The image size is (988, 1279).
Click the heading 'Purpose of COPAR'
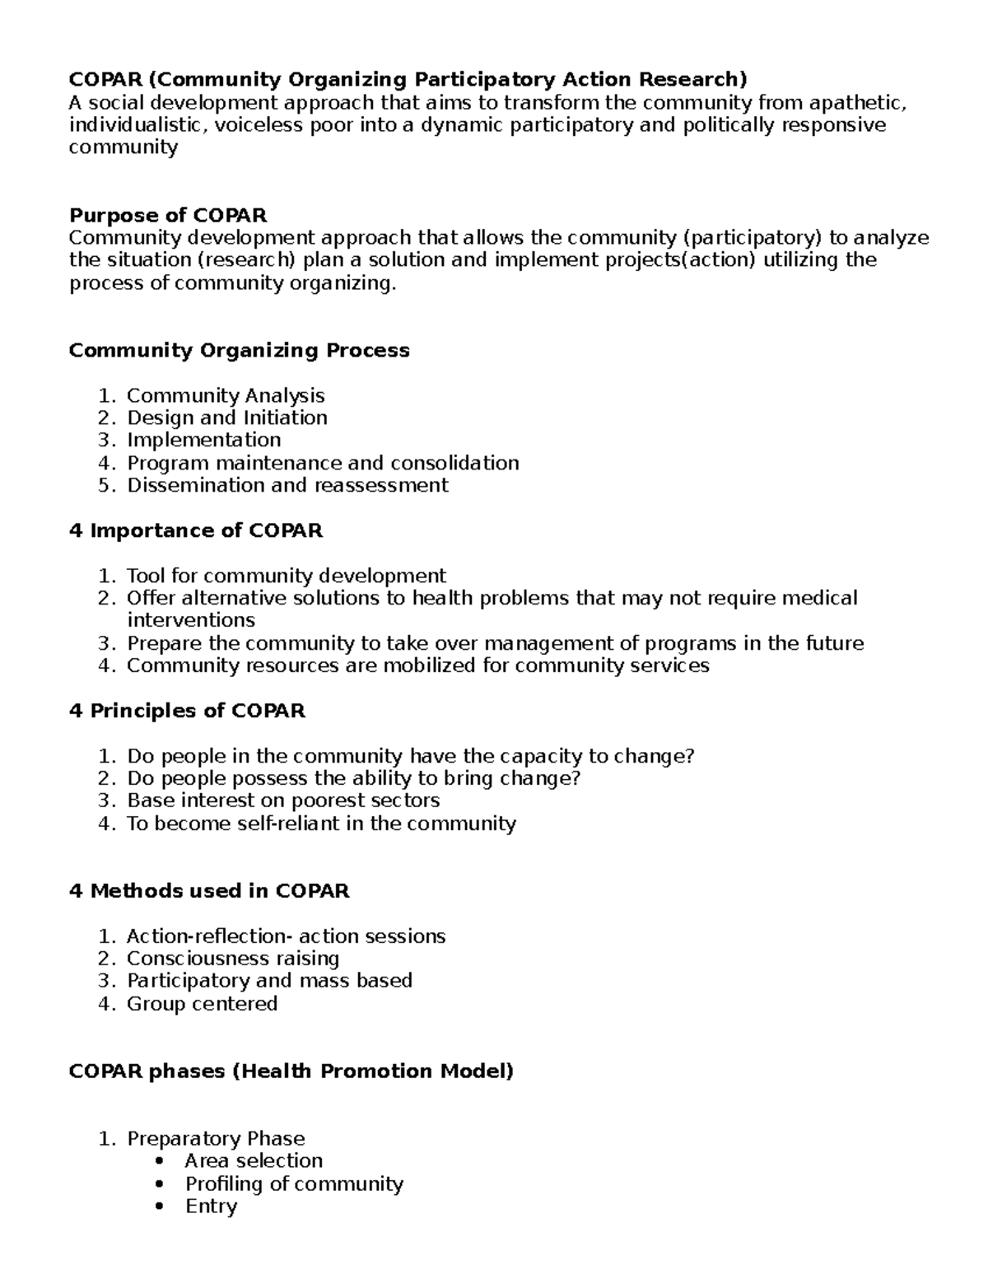[x=168, y=216]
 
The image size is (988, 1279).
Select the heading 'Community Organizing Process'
[x=239, y=350]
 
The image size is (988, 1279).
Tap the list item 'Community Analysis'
[x=226, y=396]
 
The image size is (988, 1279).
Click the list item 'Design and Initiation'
[x=227, y=418]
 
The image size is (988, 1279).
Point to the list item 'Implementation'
[x=203, y=441]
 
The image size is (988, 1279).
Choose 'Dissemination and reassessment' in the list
[x=287, y=485]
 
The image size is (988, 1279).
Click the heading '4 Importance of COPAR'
[x=196, y=531]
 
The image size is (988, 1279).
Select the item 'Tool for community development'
[x=286, y=576]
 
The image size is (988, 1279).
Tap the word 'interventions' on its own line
[x=191, y=620]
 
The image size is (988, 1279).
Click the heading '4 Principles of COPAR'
[x=188, y=711]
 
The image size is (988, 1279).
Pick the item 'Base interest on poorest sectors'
[x=283, y=801]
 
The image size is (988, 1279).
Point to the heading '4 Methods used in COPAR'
[x=209, y=891]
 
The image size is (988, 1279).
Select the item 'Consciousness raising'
[x=233, y=959]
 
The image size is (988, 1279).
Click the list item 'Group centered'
[x=202, y=1004]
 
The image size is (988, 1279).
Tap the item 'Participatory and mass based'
[x=269, y=981]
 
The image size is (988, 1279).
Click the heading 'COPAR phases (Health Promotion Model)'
[x=291, y=1071]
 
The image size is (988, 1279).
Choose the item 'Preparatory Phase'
[x=216, y=1139]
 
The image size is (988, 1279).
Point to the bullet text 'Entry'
[x=211, y=1207]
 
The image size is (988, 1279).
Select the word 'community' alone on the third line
[x=123, y=147]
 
